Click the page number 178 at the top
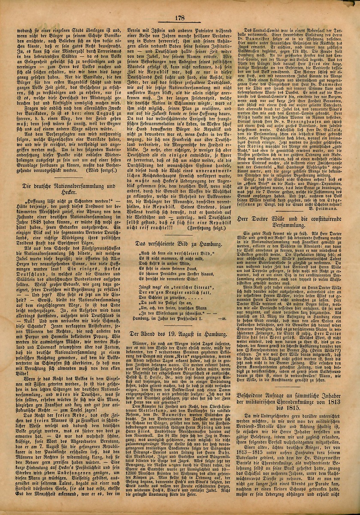point(179,17)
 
